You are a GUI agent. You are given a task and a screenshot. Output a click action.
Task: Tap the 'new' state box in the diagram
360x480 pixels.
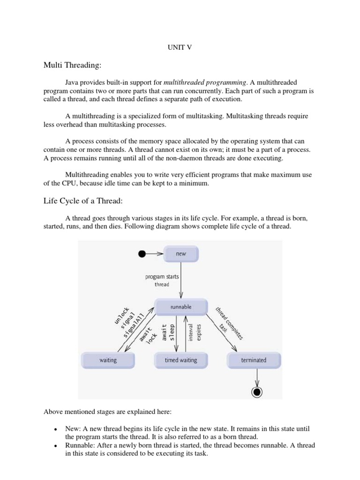180,254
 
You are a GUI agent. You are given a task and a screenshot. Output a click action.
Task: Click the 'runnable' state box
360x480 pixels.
180,307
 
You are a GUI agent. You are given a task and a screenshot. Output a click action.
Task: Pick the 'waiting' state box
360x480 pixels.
108,360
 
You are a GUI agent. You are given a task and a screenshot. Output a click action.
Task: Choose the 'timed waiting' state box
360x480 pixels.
180,360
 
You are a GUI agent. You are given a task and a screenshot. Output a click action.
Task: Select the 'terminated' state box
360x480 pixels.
254,360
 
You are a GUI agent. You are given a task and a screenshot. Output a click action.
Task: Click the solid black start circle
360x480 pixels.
142,254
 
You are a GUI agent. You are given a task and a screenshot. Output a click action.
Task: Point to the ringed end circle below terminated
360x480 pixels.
256,391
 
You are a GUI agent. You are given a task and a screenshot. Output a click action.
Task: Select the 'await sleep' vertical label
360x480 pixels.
169,332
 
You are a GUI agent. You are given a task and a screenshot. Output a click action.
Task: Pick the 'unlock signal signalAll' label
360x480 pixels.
127,319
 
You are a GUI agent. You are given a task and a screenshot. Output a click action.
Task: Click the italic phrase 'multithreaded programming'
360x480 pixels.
208,82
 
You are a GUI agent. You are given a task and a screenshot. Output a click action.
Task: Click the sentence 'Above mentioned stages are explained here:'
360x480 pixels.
108,412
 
